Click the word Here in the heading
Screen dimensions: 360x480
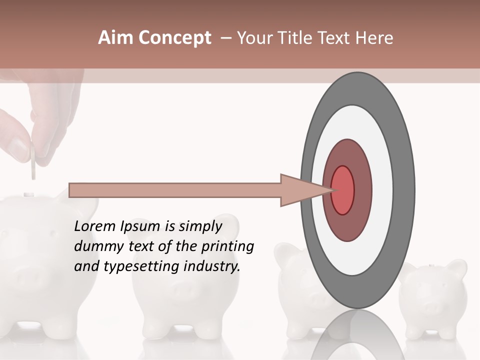coord(374,38)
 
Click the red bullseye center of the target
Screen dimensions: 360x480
coord(342,190)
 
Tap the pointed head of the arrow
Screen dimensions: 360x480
coord(305,190)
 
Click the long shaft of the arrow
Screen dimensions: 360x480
coord(175,190)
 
